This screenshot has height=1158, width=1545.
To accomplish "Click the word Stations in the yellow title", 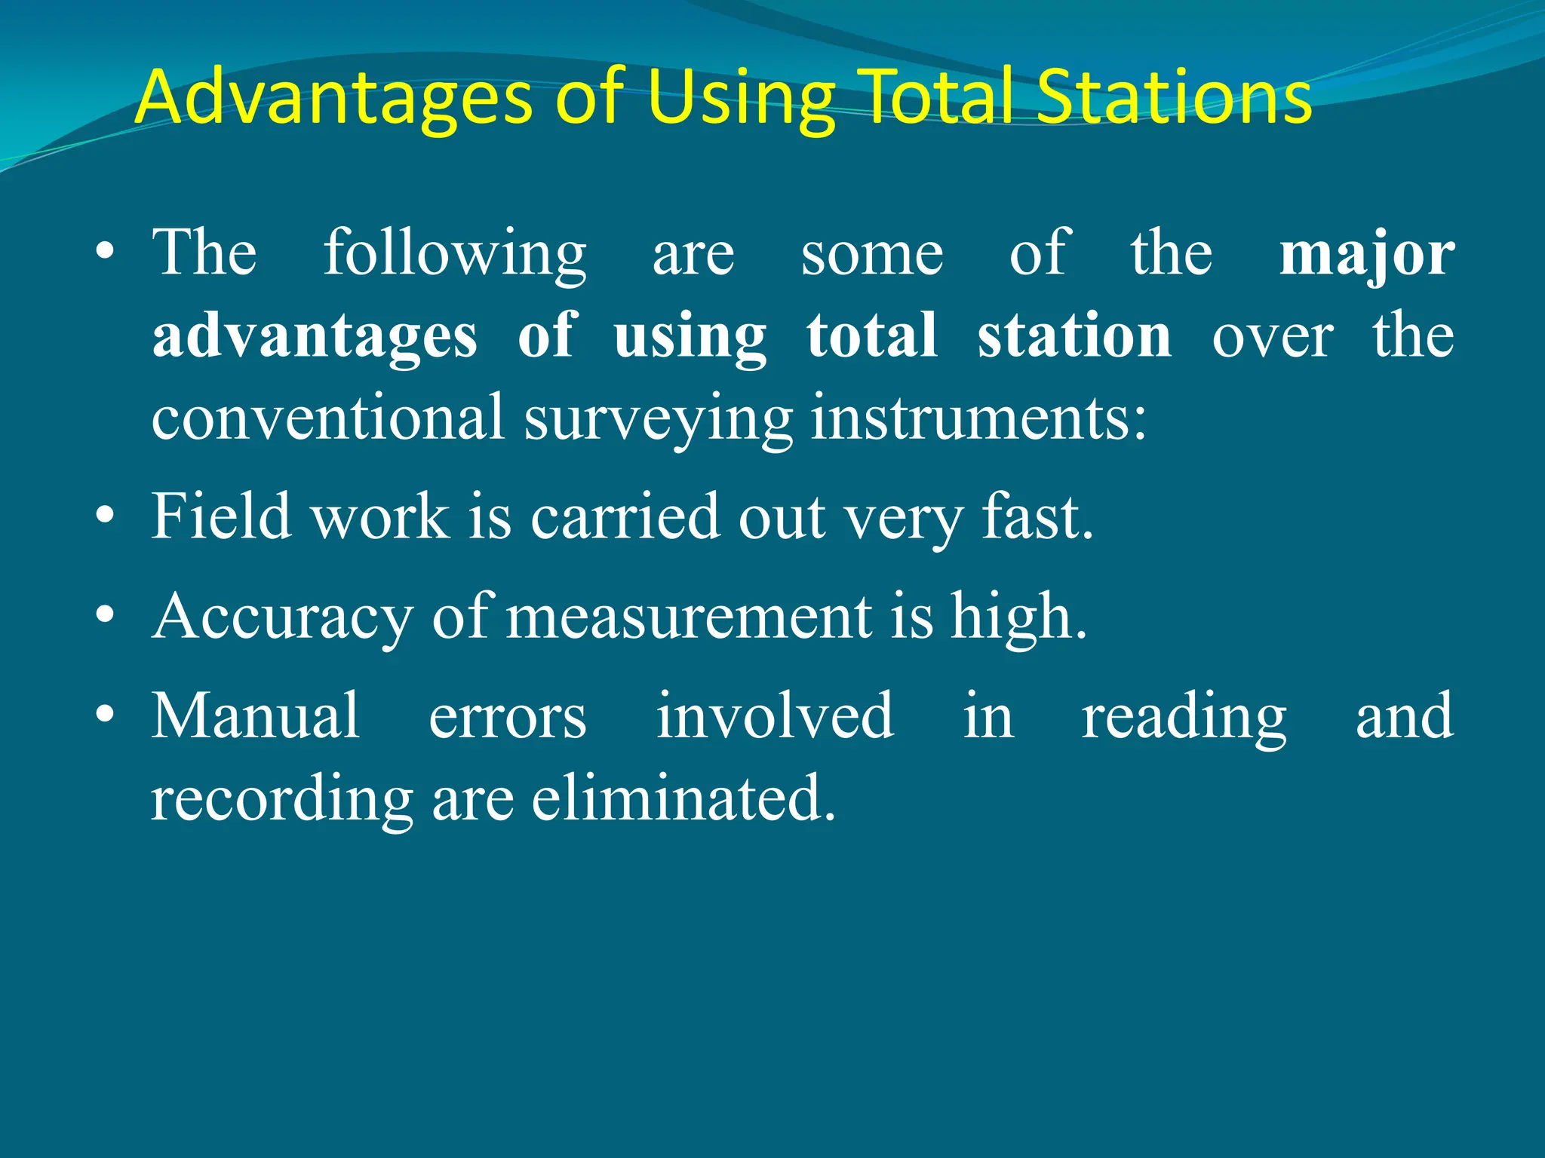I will [x=1174, y=98].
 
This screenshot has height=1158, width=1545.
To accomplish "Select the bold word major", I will [x=1367, y=255].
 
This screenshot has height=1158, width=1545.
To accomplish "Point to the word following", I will [x=455, y=255].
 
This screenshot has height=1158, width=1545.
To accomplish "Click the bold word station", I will [x=1074, y=335].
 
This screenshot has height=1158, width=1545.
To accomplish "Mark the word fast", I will [x=1037, y=516].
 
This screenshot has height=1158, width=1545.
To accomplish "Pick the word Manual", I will [x=256, y=716].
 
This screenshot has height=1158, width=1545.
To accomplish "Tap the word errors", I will [x=508, y=716].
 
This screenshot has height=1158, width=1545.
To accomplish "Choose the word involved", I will [x=776, y=716].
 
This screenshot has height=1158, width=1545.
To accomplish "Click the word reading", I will [x=1184, y=716].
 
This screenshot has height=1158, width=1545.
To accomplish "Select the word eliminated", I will [x=683, y=798].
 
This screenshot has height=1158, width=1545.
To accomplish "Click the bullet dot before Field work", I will [x=106, y=516].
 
